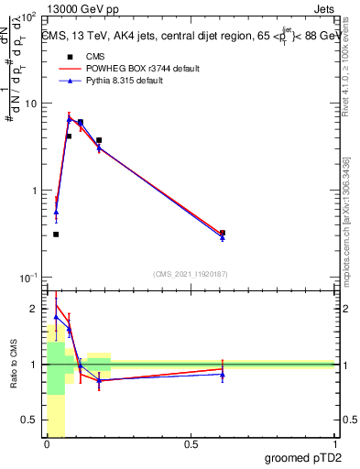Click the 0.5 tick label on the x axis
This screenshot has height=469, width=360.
pyautogui.click(x=191, y=444)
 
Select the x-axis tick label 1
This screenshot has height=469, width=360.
pyautogui.click(x=334, y=444)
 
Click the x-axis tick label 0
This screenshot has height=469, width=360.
pyautogui.click(x=47, y=444)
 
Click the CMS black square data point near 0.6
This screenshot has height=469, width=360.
pyautogui.click(x=223, y=233)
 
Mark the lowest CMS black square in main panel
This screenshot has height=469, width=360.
pyautogui.click(x=56, y=234)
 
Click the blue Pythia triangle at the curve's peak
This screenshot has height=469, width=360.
pyautogui.click(x=69, y=119)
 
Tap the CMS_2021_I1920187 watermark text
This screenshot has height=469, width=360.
pyautogui.click(x=190, y=273)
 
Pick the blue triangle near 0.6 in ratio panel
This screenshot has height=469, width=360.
pyautogui.click(x=223, y=374)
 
